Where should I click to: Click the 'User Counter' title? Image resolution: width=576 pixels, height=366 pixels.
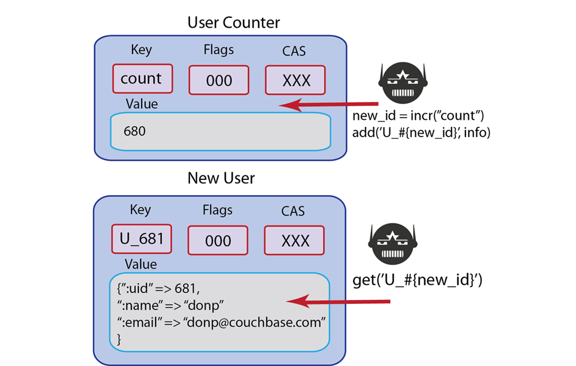[x=233, y=23]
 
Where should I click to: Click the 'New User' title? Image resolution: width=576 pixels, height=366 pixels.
[x=221, y=178]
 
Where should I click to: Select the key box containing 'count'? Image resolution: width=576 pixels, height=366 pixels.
[x=141, y=79]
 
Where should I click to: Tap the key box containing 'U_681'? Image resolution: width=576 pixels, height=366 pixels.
[x=142, y=239]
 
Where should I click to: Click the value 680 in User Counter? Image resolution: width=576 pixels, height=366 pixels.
[x=135, y=131]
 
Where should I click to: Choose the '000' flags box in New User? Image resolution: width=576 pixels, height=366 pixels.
[x=218, y=240]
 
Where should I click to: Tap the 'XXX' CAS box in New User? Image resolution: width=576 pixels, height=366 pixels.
[x=295, y=240]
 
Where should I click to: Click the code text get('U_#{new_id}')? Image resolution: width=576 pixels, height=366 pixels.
[x=417, y=281]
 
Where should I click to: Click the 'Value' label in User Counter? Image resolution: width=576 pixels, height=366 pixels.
[x=141, y=104]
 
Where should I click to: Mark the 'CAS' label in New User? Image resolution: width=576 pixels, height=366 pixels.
[x=293, y=212]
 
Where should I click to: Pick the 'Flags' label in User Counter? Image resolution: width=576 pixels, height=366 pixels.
[x=219, y=50]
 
